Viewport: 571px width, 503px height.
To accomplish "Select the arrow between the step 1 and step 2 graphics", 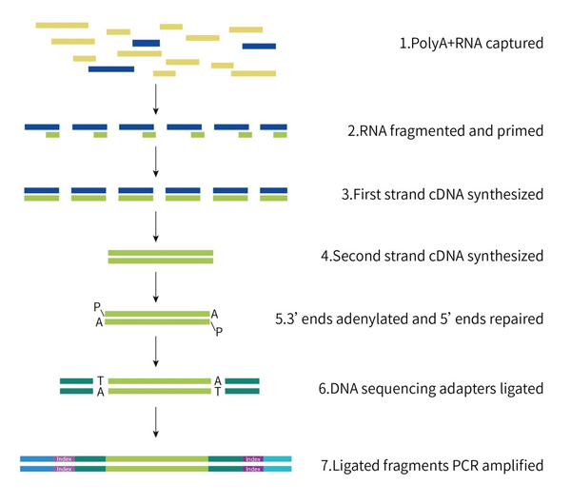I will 154,95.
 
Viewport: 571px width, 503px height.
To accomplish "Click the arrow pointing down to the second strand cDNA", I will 154,225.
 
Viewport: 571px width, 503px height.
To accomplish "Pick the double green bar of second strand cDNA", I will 161,257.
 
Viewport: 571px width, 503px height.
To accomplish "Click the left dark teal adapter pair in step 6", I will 76,385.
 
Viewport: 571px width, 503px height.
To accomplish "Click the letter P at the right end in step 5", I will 218,332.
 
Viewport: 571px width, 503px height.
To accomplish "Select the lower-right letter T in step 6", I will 218,393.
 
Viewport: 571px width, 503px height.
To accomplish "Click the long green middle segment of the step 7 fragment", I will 157,462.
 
